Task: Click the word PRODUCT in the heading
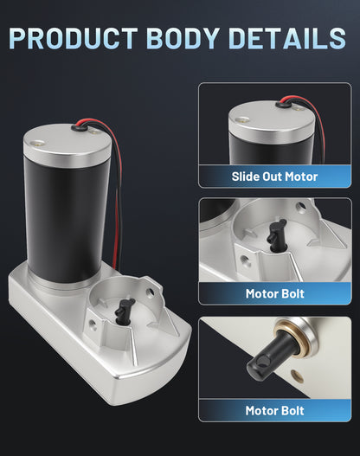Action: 74,38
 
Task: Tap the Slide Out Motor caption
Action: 274,177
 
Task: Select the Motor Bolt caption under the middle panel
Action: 275,293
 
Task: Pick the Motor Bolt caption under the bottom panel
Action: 275,411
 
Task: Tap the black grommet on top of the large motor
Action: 80,126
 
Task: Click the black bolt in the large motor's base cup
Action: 124,311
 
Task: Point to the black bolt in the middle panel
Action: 276,235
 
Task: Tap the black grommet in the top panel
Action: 285,102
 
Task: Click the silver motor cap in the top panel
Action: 272,122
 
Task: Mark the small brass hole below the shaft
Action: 297,376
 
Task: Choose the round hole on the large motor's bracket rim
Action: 150,292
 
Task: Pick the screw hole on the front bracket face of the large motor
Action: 93,323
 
